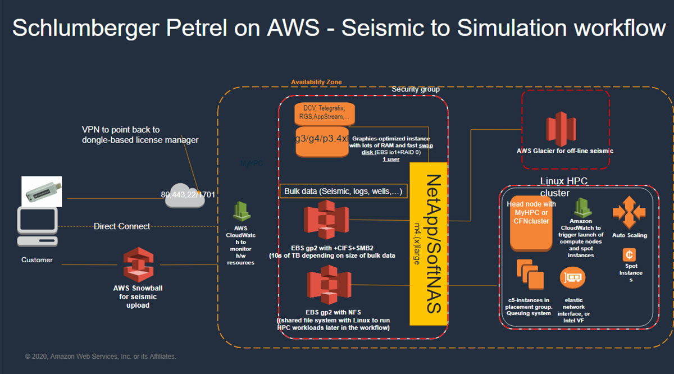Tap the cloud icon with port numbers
[x=185, y=195]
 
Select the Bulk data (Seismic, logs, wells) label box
[x=343, y=191]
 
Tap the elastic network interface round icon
[x=573, y=277]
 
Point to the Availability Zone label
[x=316, y=82]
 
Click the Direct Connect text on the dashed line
[x=121, y=226]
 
